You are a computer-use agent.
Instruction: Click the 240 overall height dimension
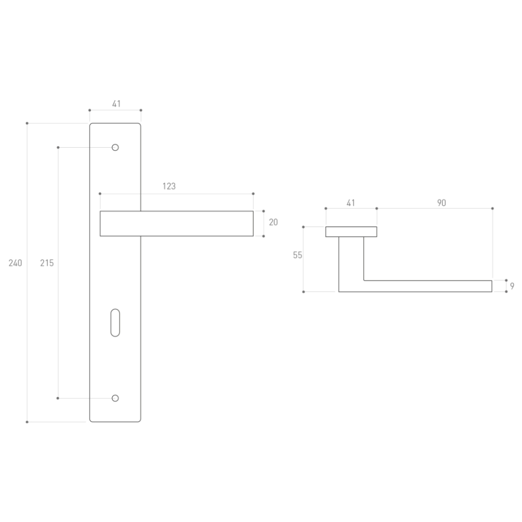tap(15, 263)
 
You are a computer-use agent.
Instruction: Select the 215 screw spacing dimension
tap(47, 263)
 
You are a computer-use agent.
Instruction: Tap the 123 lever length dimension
tap(169, 186)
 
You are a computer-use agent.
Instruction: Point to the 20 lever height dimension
tap(274, 222)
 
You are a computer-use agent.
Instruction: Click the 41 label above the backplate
tap(116, 104)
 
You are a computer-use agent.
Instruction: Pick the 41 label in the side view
tap(351, 203)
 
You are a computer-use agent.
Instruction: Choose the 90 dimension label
tap(442, 203)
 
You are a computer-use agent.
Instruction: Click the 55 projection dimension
tap(298, 255)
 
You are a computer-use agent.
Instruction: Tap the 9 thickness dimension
tap(512, 286)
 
